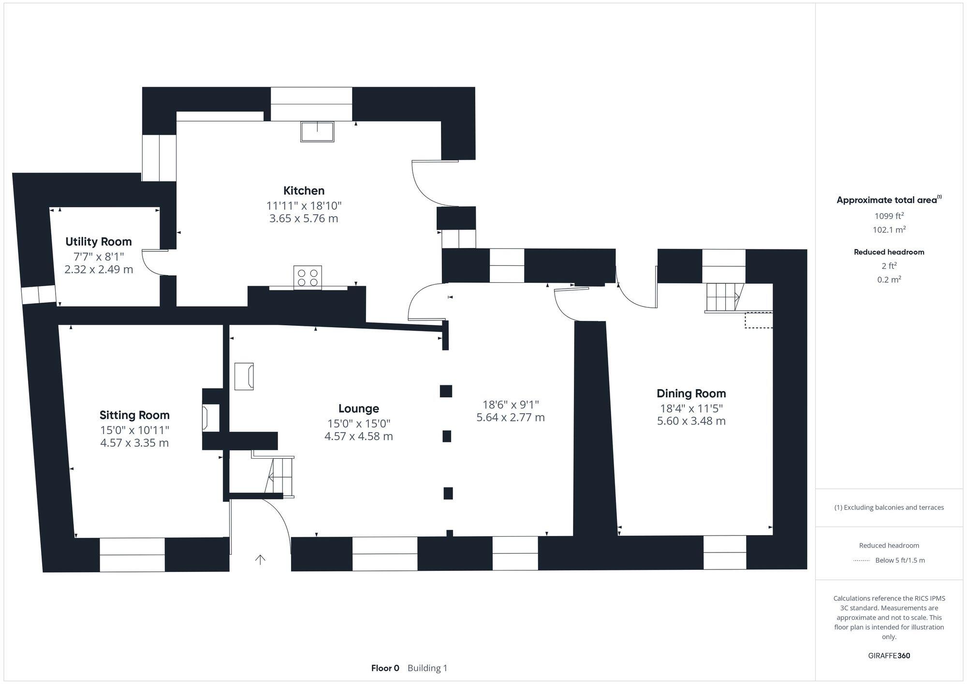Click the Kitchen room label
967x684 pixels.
click(304, 190)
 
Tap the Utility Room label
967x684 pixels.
click(99, 242)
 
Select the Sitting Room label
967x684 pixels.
click(134, 415)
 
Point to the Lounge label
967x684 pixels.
click(358, 409)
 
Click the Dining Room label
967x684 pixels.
click(691, 393)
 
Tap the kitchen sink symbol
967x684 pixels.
click(317, 131)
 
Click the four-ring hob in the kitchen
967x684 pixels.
click(308, 277)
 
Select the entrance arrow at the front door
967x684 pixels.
click(260, 560)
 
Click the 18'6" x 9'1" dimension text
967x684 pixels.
click(511, 405)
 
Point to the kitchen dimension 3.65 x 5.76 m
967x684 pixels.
click(304, 218)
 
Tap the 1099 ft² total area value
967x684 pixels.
click(889, 216)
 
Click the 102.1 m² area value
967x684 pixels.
click(889, 230)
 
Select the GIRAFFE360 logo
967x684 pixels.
click(889, 656)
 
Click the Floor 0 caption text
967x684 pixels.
click(385, 668)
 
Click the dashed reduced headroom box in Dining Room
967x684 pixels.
click(758, 320)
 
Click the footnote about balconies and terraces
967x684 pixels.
click(889, 508)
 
